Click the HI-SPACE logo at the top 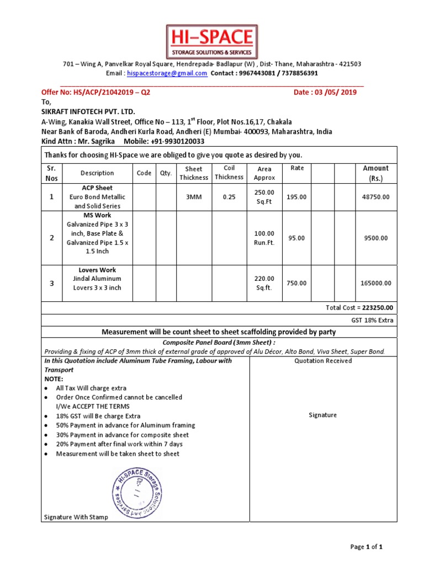point(212,42)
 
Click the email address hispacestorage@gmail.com point(167,73)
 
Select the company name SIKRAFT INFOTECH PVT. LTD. point(88,111)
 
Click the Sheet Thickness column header point(194,173)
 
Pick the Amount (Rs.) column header point(375,173)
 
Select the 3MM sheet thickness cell point(194,197)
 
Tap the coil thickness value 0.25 point(229,197)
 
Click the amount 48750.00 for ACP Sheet point(375,197)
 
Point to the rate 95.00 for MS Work point(296,238)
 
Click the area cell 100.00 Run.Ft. point(264,238)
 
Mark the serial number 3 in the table point(52,283)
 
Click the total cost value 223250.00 point(379,308)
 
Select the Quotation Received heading point(323,361)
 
